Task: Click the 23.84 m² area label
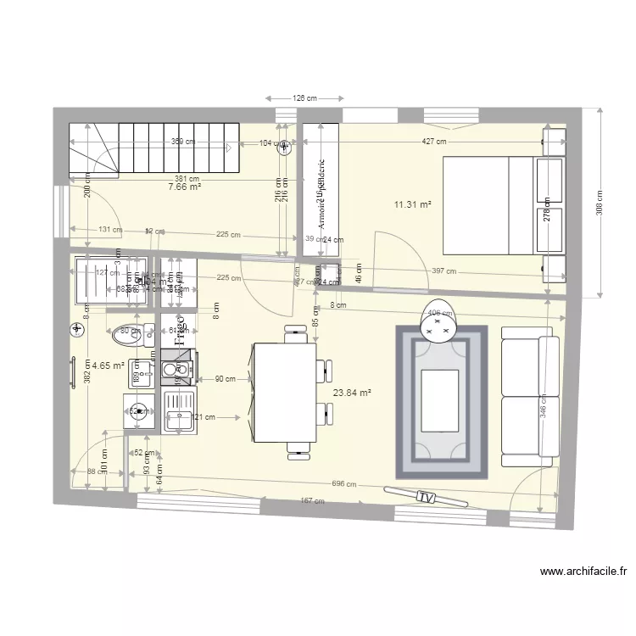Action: click(353, 393)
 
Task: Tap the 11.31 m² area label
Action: click(413, 204)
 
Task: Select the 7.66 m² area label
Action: click(185, 187)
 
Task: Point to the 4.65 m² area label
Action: click(108, 366)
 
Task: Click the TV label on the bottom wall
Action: click(426, 496)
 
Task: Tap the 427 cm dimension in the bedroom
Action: click(436, 142)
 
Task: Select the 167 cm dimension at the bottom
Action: click(312, 501)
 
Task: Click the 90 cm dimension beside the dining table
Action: click(225, 379)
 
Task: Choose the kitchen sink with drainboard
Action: click(179, 414)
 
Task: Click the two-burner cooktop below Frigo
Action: click(179, 370)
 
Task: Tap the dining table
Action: click(283, 391)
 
